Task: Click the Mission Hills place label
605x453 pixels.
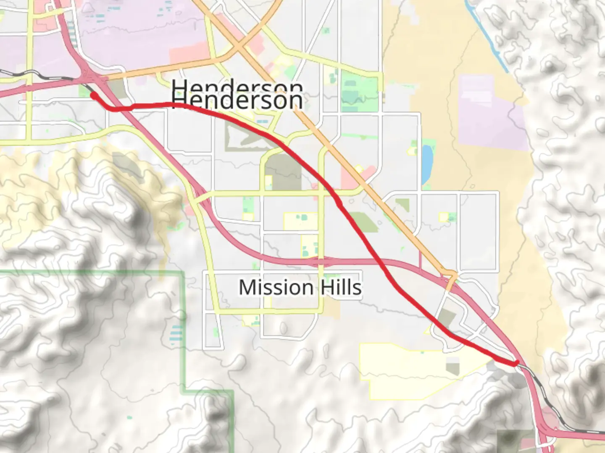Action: (x=300, y=288)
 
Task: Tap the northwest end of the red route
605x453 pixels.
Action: (x=93, y=95)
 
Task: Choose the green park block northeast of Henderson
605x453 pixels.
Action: (x=353, y=88)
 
